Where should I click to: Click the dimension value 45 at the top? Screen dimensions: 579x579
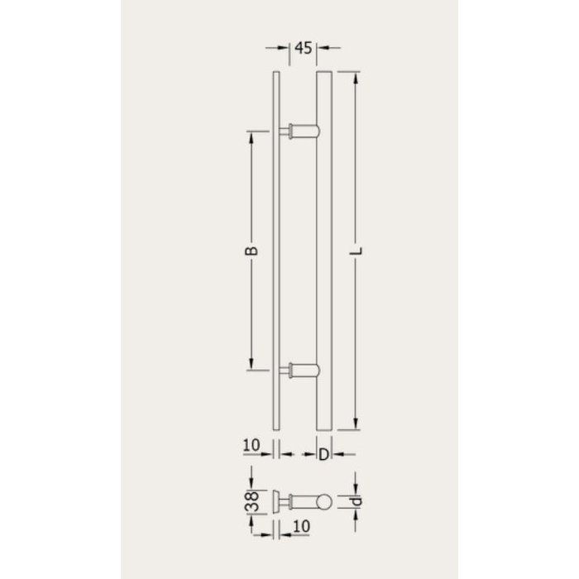point(302,48)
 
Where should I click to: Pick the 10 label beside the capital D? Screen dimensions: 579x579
point(252,447)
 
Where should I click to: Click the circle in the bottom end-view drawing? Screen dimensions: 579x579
point(324,500)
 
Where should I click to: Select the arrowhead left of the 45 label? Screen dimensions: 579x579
point(283,48)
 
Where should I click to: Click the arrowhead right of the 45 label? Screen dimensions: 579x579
point(322,48)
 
